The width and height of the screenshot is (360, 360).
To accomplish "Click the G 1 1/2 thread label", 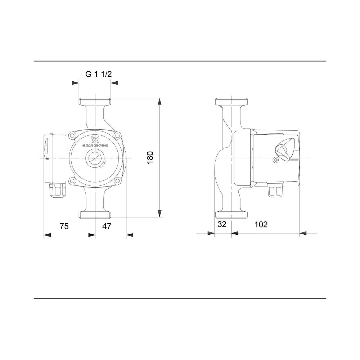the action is (x=99, y=74).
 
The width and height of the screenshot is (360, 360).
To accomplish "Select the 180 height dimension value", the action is (x=150, y=158).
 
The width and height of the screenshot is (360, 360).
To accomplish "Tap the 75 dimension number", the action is (x=64, y=226).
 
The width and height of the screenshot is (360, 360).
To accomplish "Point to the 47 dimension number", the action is (x=107, y=226).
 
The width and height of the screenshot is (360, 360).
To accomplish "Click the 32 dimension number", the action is (x=222, y=224).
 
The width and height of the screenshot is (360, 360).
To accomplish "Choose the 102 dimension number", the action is (x=261, y=224).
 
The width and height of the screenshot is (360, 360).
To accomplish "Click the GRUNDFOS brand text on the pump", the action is (x=95, y=145).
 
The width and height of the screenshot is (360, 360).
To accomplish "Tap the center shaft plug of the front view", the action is (x=95, y=158).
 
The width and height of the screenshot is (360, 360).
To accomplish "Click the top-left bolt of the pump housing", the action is (x=73, y=136).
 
